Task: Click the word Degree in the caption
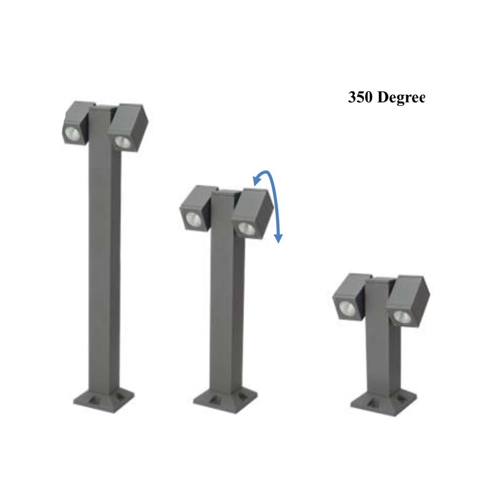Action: [401, 98]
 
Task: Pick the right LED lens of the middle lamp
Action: [247, 228]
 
